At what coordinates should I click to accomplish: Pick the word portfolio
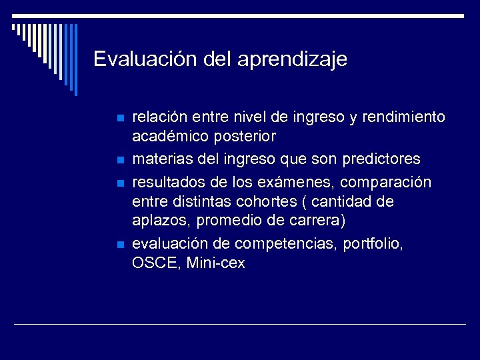pos(373,244)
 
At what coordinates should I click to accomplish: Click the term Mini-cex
pos(216,263)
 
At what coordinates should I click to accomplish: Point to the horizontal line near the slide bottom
pos(240,325)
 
